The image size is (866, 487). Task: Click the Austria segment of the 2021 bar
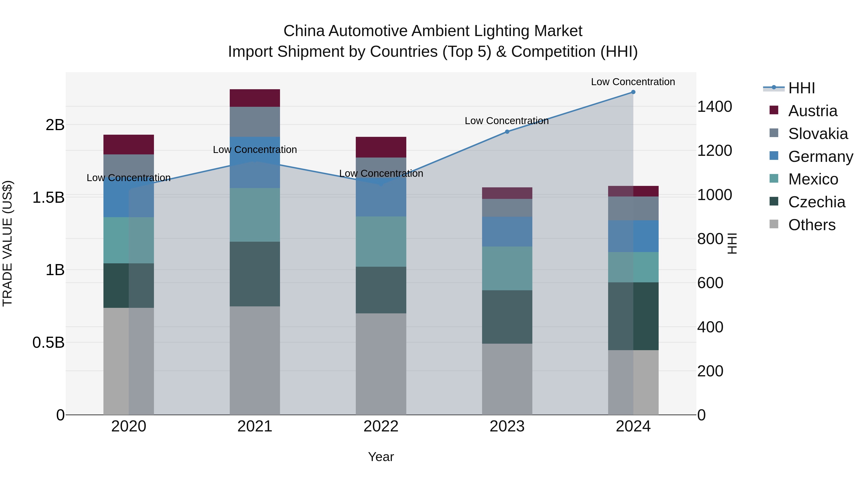coord(255,98)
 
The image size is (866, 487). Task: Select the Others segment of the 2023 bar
coord(507,379)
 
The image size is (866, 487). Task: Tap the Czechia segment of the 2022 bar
coord(381,290)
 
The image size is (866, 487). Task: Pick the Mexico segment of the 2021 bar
coord(255,215)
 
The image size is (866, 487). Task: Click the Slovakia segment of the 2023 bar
coord(507,208)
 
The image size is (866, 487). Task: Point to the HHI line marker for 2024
coord(633,92)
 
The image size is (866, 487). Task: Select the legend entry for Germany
coord(820,157)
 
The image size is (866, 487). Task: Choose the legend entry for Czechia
coord(816,202)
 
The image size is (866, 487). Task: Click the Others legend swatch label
coord(812,225)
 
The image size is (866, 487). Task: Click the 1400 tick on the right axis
coord(714,107)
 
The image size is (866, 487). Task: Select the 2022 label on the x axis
coord(381,426)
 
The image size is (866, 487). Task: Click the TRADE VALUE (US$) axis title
coord(7,243)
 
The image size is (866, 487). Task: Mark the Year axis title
coord(381,457)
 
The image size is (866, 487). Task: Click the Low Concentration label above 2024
coord(633,82)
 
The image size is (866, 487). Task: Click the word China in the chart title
coord(304,31)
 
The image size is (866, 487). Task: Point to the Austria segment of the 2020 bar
coord(128,145)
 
